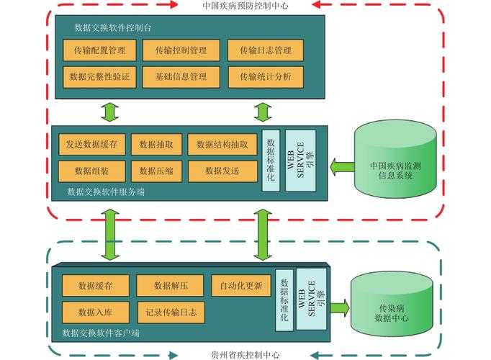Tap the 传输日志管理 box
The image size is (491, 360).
coord(266,50)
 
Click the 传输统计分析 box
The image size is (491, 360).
coord(266,76)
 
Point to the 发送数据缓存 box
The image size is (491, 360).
coord(91,144)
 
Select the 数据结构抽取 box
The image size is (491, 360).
coord(222,144)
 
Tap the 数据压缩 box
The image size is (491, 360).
coord(156,171)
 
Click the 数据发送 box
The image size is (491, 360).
coord(222,171)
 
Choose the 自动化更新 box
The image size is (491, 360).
coord(241,285)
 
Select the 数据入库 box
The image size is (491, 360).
coord(96,312)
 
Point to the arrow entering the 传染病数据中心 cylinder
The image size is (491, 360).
coord(339,307)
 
